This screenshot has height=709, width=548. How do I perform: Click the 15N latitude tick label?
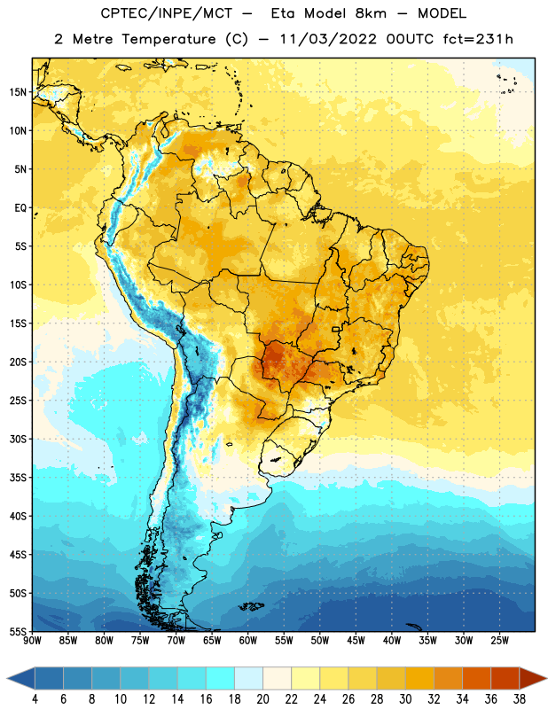(x=18, y=92)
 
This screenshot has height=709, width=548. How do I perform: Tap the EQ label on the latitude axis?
(x=20, y=208)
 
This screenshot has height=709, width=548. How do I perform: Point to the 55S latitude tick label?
(x=18, y=631)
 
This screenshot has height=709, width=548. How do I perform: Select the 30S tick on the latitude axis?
(x=18, y=439)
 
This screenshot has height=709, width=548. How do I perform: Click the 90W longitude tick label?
(x=32, y=641)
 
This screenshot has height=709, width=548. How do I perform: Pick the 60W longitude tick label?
(x=248, y=641)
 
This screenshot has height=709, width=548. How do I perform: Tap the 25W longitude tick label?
(x=499, y=641)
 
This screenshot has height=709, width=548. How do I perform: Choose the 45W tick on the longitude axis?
(x=356, y=641)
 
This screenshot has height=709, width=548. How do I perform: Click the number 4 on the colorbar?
(x=35, y=699)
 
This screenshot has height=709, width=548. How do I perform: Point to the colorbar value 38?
(x=520, y=699)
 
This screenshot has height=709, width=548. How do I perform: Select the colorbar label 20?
(x=262, y=699)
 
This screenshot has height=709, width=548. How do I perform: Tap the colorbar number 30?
(x=405, y=699)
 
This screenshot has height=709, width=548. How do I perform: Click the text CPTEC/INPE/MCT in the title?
(x=166, y=13)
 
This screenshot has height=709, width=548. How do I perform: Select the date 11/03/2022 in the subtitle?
(x=328, y=39)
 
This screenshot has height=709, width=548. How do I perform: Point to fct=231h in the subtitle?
(x=478, y=39)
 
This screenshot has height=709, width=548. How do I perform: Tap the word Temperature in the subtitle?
(x=168, y=39)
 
